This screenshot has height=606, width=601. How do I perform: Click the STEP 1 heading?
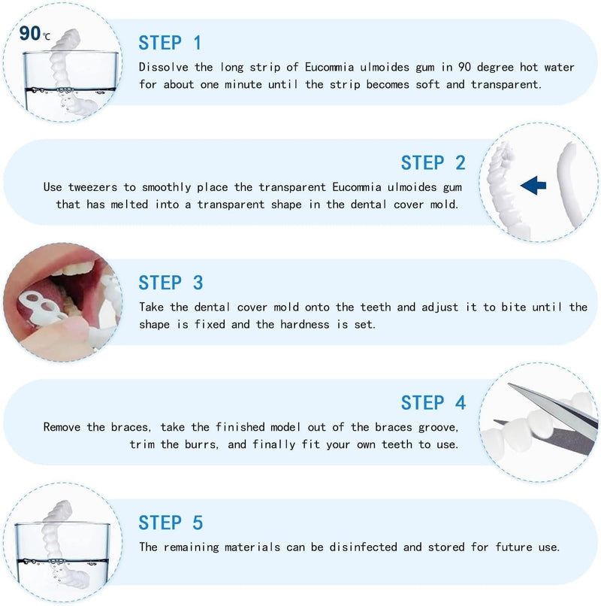(170, 42)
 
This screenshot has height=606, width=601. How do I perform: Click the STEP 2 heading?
(433, 162)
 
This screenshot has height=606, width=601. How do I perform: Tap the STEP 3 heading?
(170, 283)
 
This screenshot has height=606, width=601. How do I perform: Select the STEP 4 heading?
(433, 403)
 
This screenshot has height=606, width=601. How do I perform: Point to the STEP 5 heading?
(170, 523)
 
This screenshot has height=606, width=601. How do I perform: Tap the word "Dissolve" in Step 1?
(165, 67)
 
